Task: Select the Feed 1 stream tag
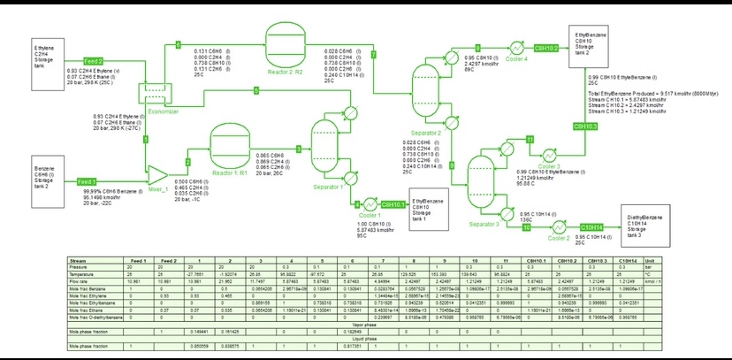[87, 180]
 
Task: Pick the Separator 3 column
[481, 177]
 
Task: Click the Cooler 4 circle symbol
[514, 48]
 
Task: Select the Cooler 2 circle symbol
[557, 227]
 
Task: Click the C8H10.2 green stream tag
[545, 48]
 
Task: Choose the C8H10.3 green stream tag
[585, 126]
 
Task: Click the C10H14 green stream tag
[590, 227]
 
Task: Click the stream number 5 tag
[256, 90]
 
